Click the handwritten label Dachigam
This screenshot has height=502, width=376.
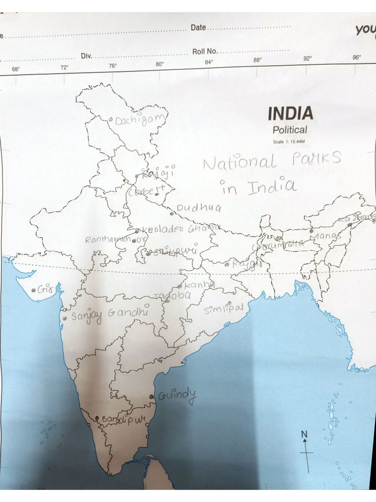tap(141, 119)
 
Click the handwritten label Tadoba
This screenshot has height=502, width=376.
tap(172, 296)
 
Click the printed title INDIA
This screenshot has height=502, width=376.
tap(290, 114)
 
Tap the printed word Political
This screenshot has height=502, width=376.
tap(290, 130)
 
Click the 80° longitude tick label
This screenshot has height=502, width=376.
tap(160, 64)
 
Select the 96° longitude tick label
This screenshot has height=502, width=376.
tap(356, 57)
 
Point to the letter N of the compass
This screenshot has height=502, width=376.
tap(304, 433)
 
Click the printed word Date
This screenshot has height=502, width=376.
tap(198, 27)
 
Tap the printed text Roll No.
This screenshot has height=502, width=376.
tap(205, 51)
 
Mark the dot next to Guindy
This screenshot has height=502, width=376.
tap(151, 397)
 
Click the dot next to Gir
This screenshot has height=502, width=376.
tap(33, 290)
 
